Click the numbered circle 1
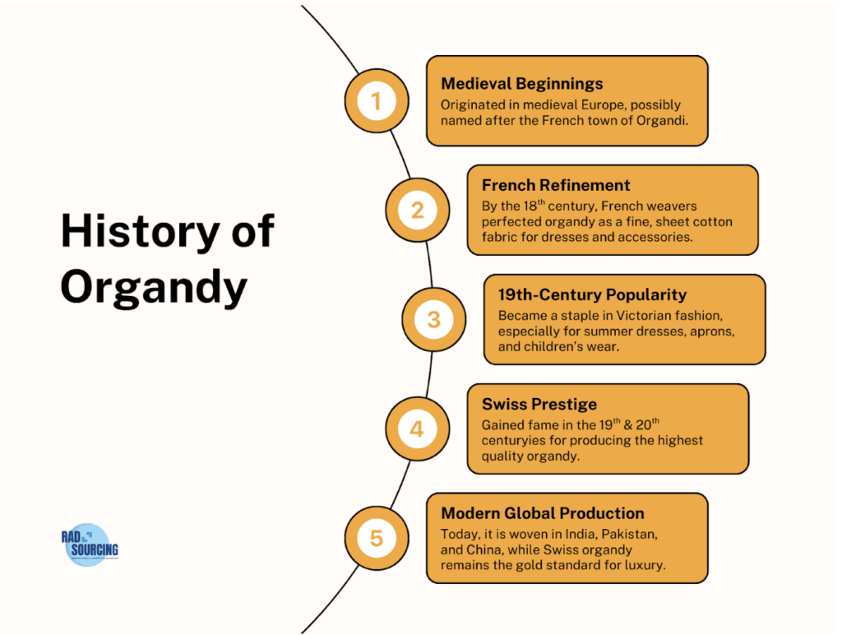tap(377, 101)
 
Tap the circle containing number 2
tap(417, 210)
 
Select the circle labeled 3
tap(433, 319)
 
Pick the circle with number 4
tap(417, 429)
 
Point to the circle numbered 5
tap(377, 538)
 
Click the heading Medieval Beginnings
tap(521, 83)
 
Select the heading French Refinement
tap(556, 185)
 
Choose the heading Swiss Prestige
tap(539, 404)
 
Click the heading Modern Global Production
tap(542, 513)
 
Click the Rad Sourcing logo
tap(89, 545)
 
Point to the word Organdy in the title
tap(153, 286)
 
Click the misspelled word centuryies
tap(517, 440)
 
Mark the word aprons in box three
tap(710, 331)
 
